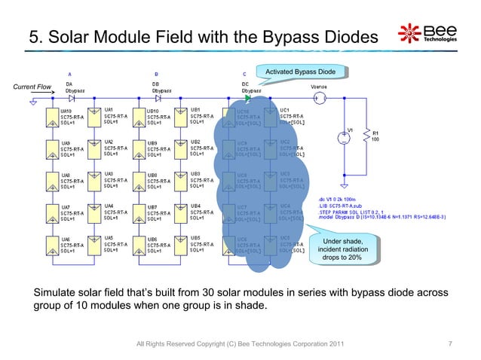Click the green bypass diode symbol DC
tap(247, 98)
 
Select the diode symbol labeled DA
tap(71, 98)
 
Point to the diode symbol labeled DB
tap(158, 98)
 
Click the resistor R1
tap(366, 137)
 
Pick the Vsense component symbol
tap(318, 98)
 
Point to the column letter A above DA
tap(70, 74)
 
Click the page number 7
tap(449, 344)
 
